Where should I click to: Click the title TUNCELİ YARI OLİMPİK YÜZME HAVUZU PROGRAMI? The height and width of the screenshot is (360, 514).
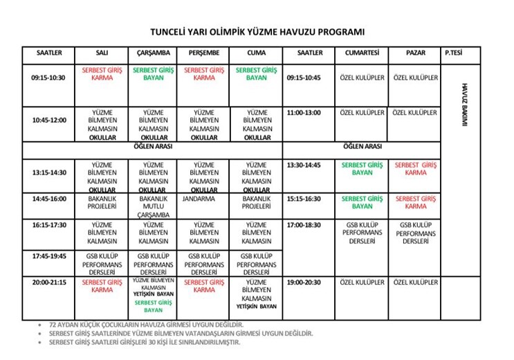point(257,32)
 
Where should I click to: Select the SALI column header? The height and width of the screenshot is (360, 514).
point(102,53)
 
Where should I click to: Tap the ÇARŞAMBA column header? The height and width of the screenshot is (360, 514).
point(153,53)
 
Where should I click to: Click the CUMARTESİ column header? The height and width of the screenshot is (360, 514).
point(362,53)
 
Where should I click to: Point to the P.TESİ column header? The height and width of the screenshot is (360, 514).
point(454,53)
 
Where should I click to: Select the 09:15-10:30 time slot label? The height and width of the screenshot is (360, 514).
point(48,78)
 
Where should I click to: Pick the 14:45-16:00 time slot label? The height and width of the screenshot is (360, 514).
point(48,199)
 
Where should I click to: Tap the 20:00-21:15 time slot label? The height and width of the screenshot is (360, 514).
point(48,282)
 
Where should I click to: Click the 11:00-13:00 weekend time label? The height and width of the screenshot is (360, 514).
point(304,113)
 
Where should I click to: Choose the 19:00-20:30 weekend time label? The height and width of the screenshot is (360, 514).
point(304,282)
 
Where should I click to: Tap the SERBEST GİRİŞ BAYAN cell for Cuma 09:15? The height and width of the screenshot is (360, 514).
point(256,73)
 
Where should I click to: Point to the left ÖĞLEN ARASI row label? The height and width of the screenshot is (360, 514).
point(153,147)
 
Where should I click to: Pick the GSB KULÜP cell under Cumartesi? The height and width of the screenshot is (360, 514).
point(362,233)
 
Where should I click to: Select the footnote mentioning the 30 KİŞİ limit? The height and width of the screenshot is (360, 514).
point(145,342)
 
